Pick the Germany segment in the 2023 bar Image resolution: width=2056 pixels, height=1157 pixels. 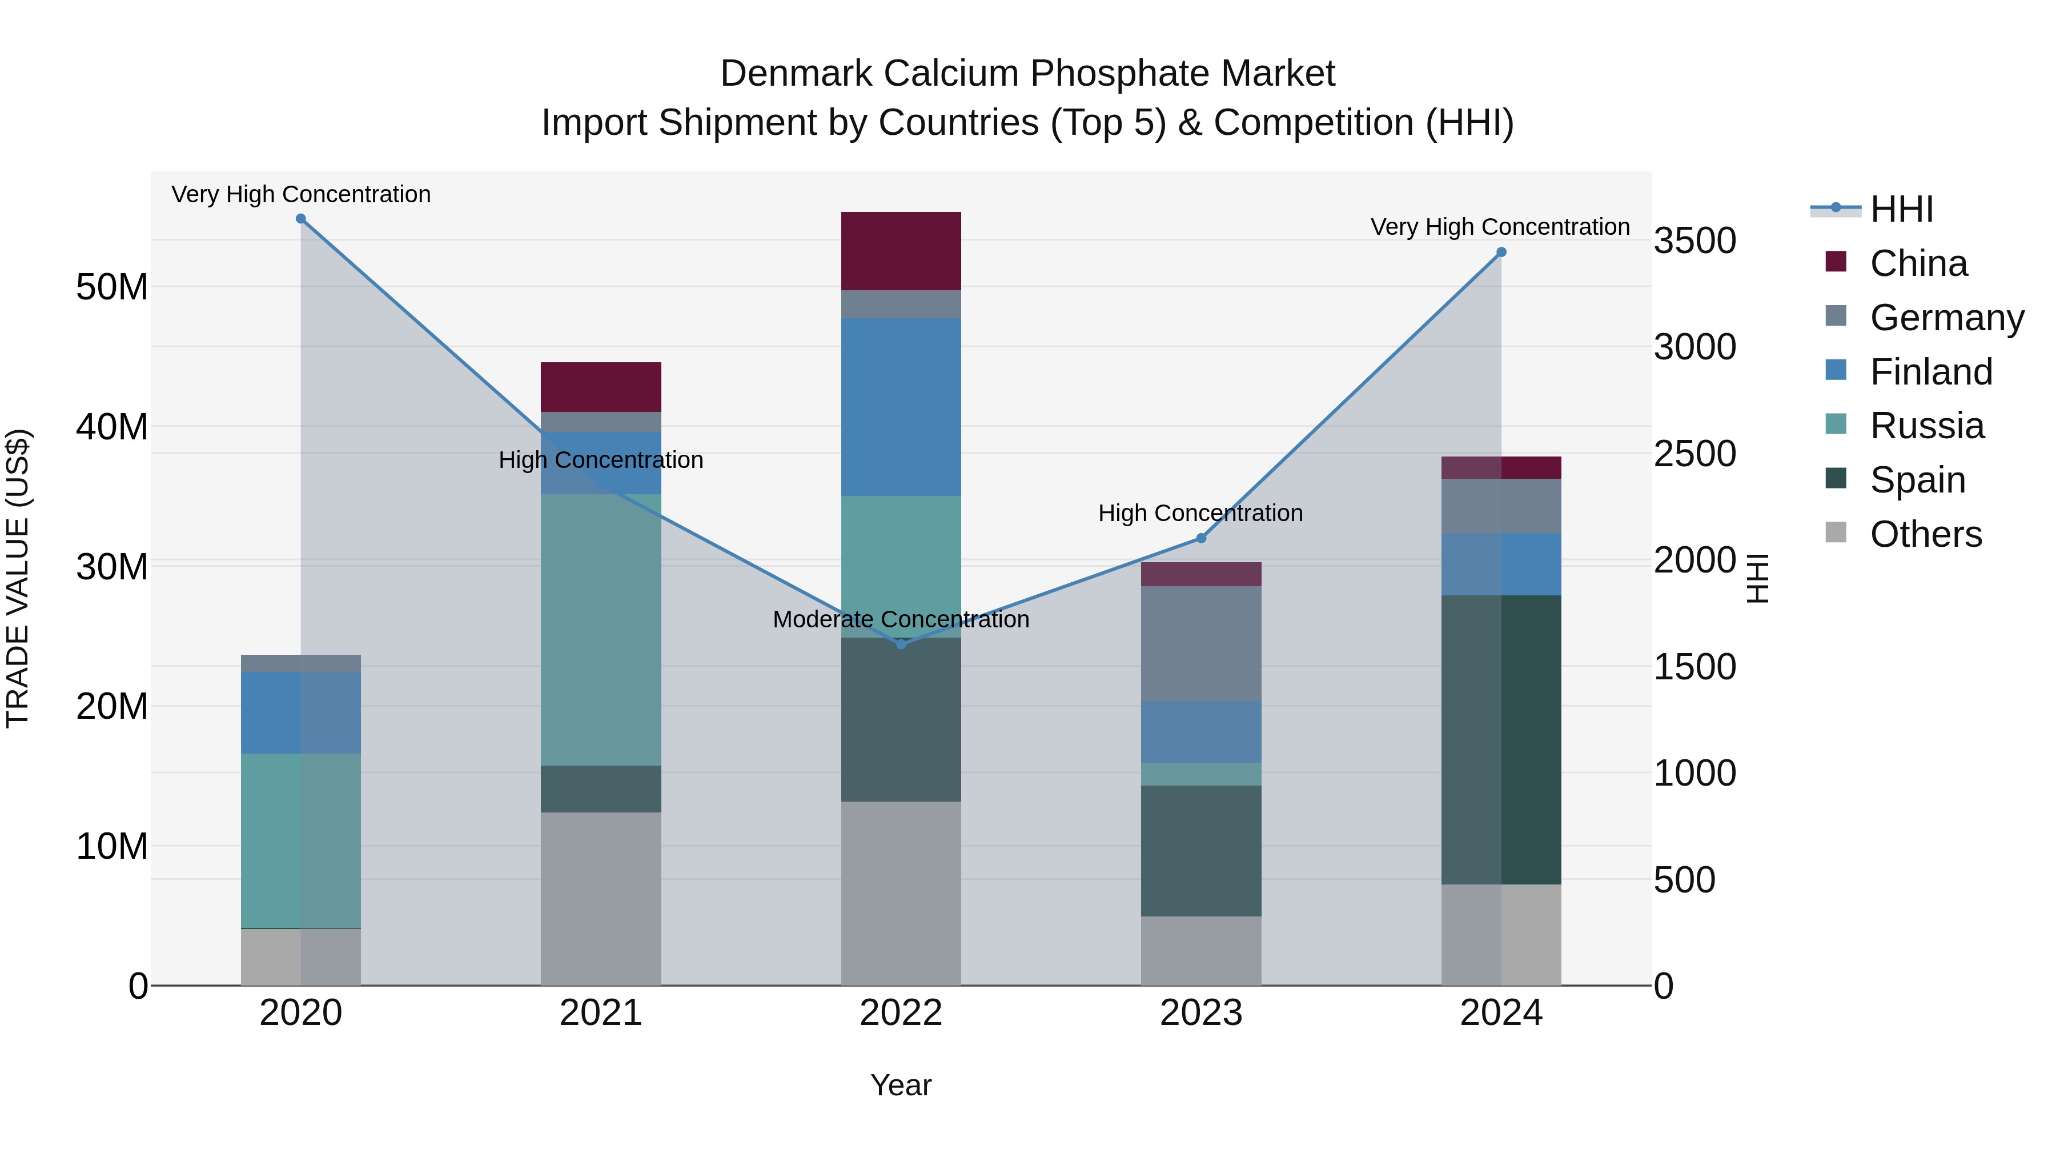coord(1200,643)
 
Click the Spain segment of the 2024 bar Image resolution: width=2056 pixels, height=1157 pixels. coord(1500,739)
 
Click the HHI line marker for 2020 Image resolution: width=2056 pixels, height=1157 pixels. coord(301,219)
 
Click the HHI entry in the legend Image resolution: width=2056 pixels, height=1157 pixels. coord(1901,209)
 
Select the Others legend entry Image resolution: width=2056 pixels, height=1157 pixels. coord(1925,534)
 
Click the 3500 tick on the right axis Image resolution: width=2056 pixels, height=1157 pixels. coord(1694,241)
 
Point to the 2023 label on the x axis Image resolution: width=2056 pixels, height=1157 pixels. coord(1200,1013)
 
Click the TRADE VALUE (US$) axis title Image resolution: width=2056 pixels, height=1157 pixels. coord(18,578)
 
